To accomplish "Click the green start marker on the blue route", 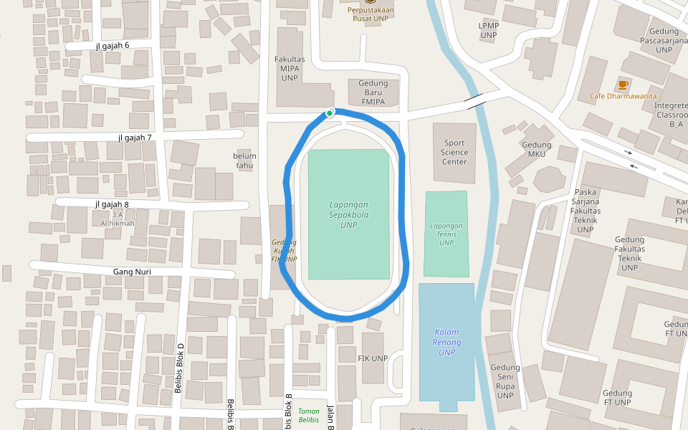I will pos(330,113).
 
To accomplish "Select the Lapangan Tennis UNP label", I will pos(446,234).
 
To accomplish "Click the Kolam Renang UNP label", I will pos(446,342).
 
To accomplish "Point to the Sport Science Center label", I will pos(454,152).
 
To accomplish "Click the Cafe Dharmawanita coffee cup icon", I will pos(623,85).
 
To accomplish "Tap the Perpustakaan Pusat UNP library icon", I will pos(371,2).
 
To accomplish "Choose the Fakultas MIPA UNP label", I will pos(290,69).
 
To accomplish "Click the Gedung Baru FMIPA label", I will pos(373,92).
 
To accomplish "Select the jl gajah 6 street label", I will pos(113,46).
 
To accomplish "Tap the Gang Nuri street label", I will pos(132,272).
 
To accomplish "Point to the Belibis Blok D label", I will pos(180,368).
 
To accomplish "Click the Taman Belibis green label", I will pos(309,416).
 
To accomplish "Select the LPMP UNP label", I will pos(488,30).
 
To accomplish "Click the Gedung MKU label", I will pos(537,149).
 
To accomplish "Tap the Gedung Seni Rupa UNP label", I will pos(505,381).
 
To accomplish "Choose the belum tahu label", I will pos(244,161).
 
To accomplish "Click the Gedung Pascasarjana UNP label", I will pos(664,40).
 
